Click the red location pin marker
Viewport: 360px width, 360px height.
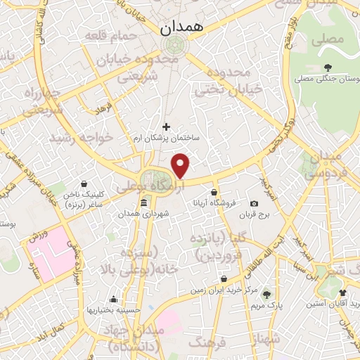pyautogui.click(x=181, y=165)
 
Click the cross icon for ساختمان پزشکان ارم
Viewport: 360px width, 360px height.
pyautogui.click(x=166, y=127)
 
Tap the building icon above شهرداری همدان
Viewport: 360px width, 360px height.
pyautogui.click(x=143, y=203)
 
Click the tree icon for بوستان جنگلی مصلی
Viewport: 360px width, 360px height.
pyautogui.click(x=328, y=67)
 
